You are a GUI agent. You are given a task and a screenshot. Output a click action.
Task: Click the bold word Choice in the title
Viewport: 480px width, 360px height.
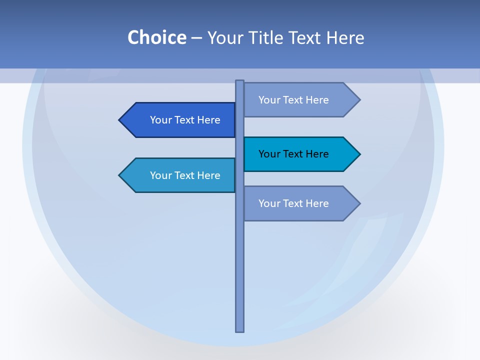pyautogui.click(x=156, y=37)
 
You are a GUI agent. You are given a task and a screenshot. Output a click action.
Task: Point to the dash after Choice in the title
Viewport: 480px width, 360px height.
pyautogui.click(x=196, y=38)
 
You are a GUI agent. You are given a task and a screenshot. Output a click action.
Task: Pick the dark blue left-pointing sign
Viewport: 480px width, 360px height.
pyautogui.click(x=180, y=120)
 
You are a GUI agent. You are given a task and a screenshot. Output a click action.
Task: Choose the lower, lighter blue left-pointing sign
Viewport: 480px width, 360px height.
pyautogui.click(x=180, y=175)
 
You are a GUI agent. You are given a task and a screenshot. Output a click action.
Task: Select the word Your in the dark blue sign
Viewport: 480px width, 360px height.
pyautogui.click(x=160, y=120)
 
